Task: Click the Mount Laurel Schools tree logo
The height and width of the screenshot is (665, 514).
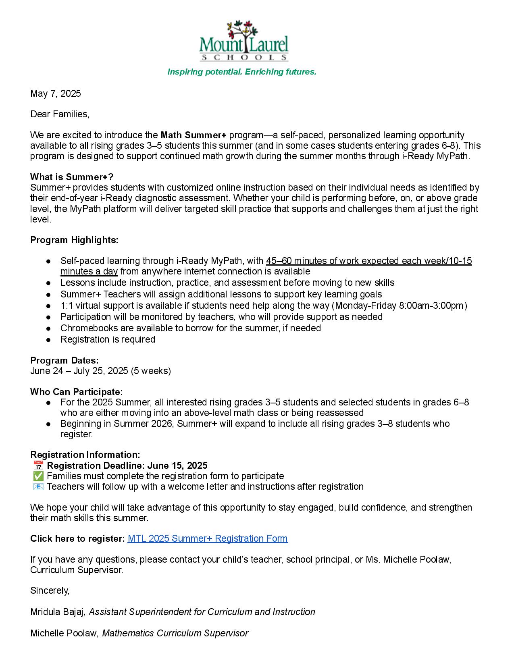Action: (x=244, y=40)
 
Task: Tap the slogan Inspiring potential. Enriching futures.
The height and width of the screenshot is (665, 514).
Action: (x=242, y=72)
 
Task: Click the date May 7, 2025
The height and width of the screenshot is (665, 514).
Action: (x=56, y=94)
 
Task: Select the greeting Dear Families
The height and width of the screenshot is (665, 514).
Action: (x=59, y=114)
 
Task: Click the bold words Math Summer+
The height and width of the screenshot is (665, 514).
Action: (x=194, y=135)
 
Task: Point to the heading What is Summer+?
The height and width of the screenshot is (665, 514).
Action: (x=72, y=177)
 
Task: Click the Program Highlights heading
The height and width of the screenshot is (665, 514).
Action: (x=74, y=240)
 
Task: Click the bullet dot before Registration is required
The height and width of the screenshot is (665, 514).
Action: (x=48, y=340)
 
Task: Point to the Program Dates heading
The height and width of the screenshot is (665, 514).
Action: (x=64, y=360)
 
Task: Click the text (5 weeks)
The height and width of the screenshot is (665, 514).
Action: (x=151, y=371)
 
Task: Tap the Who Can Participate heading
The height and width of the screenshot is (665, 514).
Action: (x=76, y=392)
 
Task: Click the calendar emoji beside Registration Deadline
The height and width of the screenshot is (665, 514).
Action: (x=38, y=465)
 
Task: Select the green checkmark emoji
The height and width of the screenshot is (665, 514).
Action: (x=38, y=476)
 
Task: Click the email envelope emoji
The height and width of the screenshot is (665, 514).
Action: (x=38, y=486)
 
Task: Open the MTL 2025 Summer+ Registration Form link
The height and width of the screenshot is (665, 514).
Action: (x=208, y=538)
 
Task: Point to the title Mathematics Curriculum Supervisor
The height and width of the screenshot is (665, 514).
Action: (x=175, y=633)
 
